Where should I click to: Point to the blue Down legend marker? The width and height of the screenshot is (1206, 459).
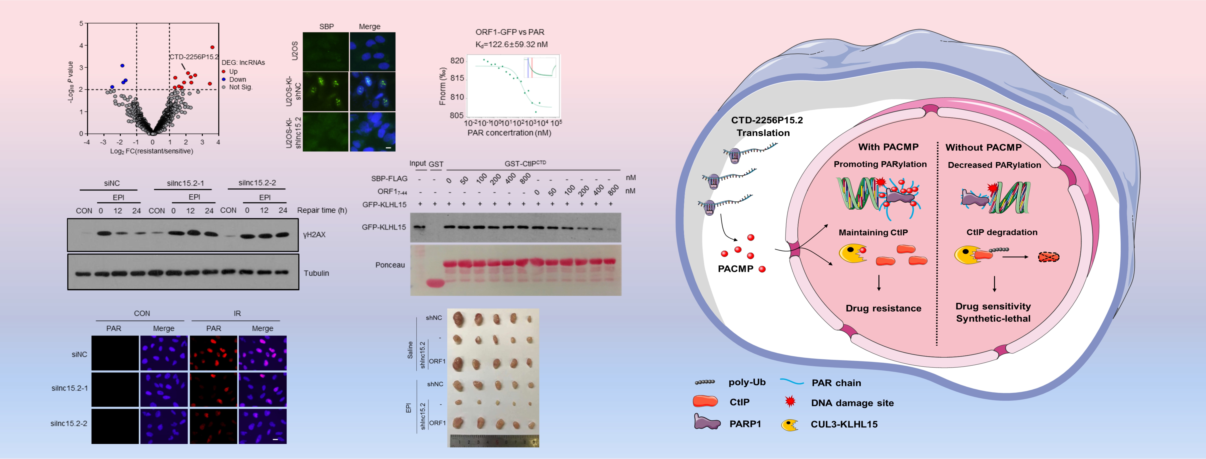(224, 79)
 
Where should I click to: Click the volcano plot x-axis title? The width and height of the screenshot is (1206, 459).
(152, 151)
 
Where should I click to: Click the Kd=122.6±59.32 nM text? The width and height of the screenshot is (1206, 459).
(511, 44)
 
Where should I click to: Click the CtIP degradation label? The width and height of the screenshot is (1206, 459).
(1001, 232)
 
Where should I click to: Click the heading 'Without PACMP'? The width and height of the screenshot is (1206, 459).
(983, 148)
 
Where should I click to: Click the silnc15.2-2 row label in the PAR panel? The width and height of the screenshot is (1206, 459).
(69, 423)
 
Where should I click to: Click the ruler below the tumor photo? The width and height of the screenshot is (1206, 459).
(494, 441)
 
